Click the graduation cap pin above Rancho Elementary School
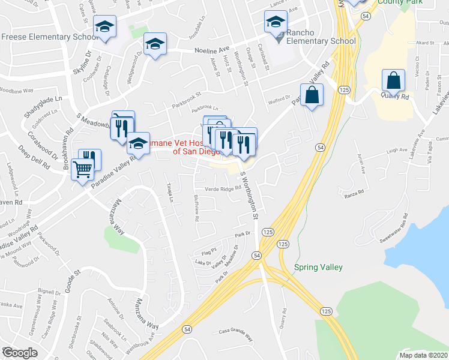276,23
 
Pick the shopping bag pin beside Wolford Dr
312,95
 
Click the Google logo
20,353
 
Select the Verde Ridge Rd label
223,188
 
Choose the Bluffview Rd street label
196,207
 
